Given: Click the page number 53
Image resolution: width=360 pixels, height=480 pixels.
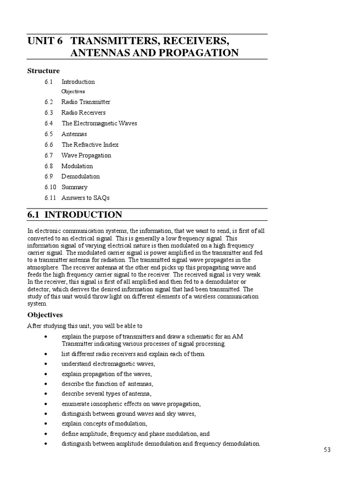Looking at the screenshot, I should pyautogui.click(x=327, y=450).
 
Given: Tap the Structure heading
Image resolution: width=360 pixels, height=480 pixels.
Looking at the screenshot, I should pyautogui.click(x=44, y=71).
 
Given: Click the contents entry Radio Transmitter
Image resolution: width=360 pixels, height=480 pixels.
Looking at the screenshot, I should pyautogui.click(x=86, y=102).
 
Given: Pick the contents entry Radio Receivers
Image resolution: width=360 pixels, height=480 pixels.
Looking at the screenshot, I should pyautogui.click(x=83, y=112).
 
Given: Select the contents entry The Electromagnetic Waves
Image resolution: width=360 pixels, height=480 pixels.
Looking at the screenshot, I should pyautogui.click(x=99, y=123).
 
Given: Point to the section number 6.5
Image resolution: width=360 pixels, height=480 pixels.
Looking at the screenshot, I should pyautogui.click(x=49, y=134).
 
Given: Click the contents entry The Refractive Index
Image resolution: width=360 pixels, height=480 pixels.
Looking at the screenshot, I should pyautogui.click(x=90, y=145).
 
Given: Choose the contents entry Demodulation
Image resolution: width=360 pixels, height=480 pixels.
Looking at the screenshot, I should pyautogui.click(x=81, y=176).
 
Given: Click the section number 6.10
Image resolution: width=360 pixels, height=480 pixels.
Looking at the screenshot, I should pyautogui.click(x=51, y=187).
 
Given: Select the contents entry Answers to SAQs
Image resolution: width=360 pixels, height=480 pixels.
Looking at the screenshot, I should pyautogui.click(x=85, y=198).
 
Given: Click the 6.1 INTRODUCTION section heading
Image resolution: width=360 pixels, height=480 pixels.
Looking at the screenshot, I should pyautogui.click(x=75, y=215).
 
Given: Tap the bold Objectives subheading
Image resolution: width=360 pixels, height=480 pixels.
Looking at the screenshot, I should pyautogui.click(x=45, y=315).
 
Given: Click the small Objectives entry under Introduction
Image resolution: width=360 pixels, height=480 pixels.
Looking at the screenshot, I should pyautogui.click(x=73, y=91).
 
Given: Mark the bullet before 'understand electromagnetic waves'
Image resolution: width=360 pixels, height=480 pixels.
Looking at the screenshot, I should pyautogui.click(x=45, y=364).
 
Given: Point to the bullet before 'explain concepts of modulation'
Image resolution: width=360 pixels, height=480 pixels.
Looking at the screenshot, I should pyautogui.click(x=45, y=424).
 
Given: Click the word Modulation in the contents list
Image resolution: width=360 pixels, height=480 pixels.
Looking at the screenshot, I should pyautogui.click(x=77, y=166).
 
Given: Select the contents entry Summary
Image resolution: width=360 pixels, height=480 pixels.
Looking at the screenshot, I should pyautogui.click(x=75, y=187).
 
